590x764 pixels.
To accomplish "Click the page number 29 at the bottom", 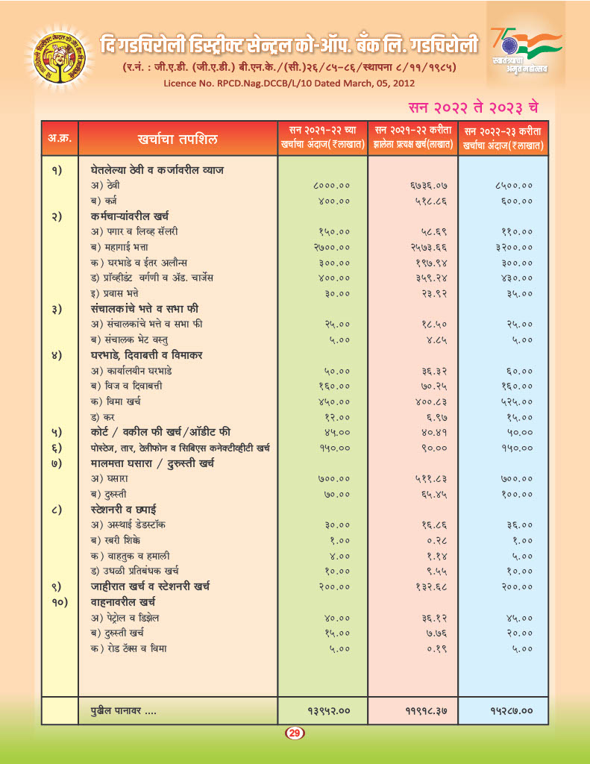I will [294, 734].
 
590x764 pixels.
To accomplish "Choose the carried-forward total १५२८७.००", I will [507, 711].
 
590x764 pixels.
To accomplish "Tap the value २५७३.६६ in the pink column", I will [428, 247].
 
